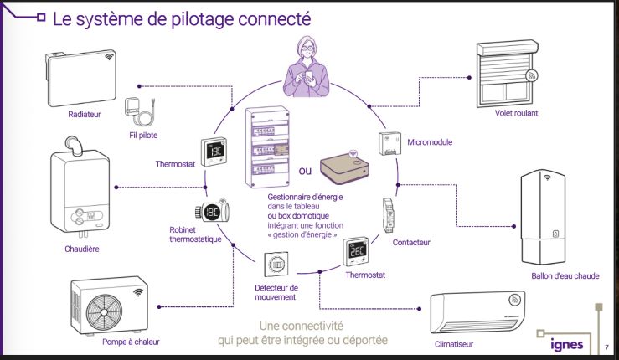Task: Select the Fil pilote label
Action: pos(143,135)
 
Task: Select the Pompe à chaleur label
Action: pos(131,342)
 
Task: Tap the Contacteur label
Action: pos(410,243)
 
